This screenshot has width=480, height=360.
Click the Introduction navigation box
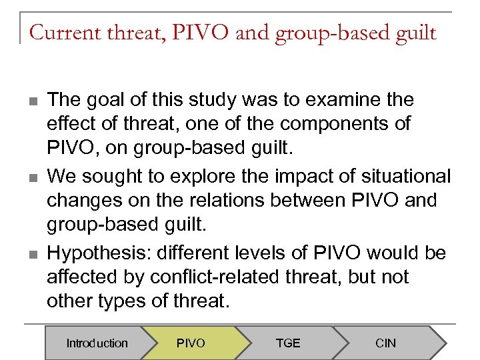click(97, 343)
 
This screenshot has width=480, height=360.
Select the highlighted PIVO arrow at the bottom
click(191, 343)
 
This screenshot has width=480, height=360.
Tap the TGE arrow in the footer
click(288, 343)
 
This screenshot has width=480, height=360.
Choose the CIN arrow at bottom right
click(385, 343)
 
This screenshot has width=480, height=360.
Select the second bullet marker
click(31, 178)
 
